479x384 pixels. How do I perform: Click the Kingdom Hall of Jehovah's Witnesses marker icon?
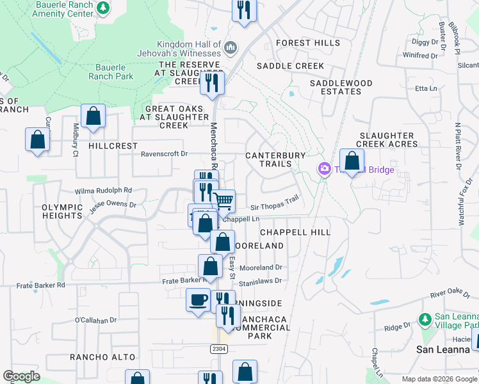pyautogui.click(x=231, y=47)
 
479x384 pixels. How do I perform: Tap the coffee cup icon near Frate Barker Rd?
pyautogui.click(x=198, y=299)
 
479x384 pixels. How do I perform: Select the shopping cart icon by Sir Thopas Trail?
pyautogui.click(x=223, y=201)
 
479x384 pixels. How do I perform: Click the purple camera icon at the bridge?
pyautogui.click(x=324, y=168)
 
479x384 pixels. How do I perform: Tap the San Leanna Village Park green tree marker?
pyautogui.click(x=423, y=318)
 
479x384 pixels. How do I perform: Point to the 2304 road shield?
pyautogui.click(x=218, y=348)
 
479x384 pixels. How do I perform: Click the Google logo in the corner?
pyautogui.click(x=21, y=376)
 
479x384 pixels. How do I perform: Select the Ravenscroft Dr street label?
pyautogui.click(x=164, y=154)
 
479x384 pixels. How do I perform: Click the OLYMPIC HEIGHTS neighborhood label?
pyautogui.click(x=63, y=212)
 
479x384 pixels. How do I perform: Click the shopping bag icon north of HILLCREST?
pyautogui.click(x=93, y=116)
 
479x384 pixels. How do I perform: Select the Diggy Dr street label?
pyautogui.click(x=429, y=42)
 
